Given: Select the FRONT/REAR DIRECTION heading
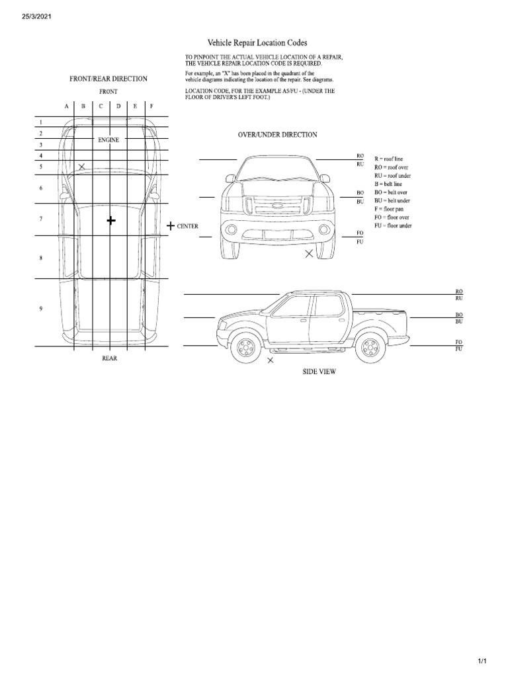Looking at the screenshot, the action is (108, 79).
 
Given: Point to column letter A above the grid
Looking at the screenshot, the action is (66, 106).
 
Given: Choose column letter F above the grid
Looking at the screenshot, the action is (151, 106).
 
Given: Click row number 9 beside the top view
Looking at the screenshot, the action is (40, 309).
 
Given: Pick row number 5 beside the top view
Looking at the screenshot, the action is (40, 167).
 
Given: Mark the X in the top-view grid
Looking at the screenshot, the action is (81, 167).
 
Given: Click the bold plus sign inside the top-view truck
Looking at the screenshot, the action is (110, 220).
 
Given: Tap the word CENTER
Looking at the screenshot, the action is (188, 226).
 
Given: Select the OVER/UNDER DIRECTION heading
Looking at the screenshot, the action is (277, 134).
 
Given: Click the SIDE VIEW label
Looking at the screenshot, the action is (319, 372).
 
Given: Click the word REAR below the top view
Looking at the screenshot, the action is (109, 358).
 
